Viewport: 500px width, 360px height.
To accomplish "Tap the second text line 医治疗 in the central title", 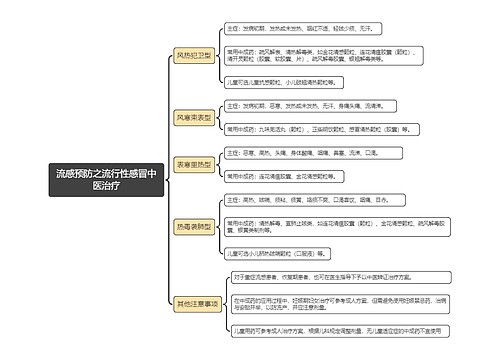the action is [x=105, y=186].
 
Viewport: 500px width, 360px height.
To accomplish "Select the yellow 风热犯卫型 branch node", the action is [x=194, y=56].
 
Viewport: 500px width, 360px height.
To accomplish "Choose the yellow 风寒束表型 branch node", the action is [x=194, y=117].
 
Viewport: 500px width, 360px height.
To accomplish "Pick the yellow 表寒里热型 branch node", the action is [x=194, y=163].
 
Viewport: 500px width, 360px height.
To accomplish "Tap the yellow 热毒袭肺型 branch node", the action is [x=194, y=227].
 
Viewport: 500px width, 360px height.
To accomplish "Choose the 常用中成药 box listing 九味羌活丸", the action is [x=320, y=129].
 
